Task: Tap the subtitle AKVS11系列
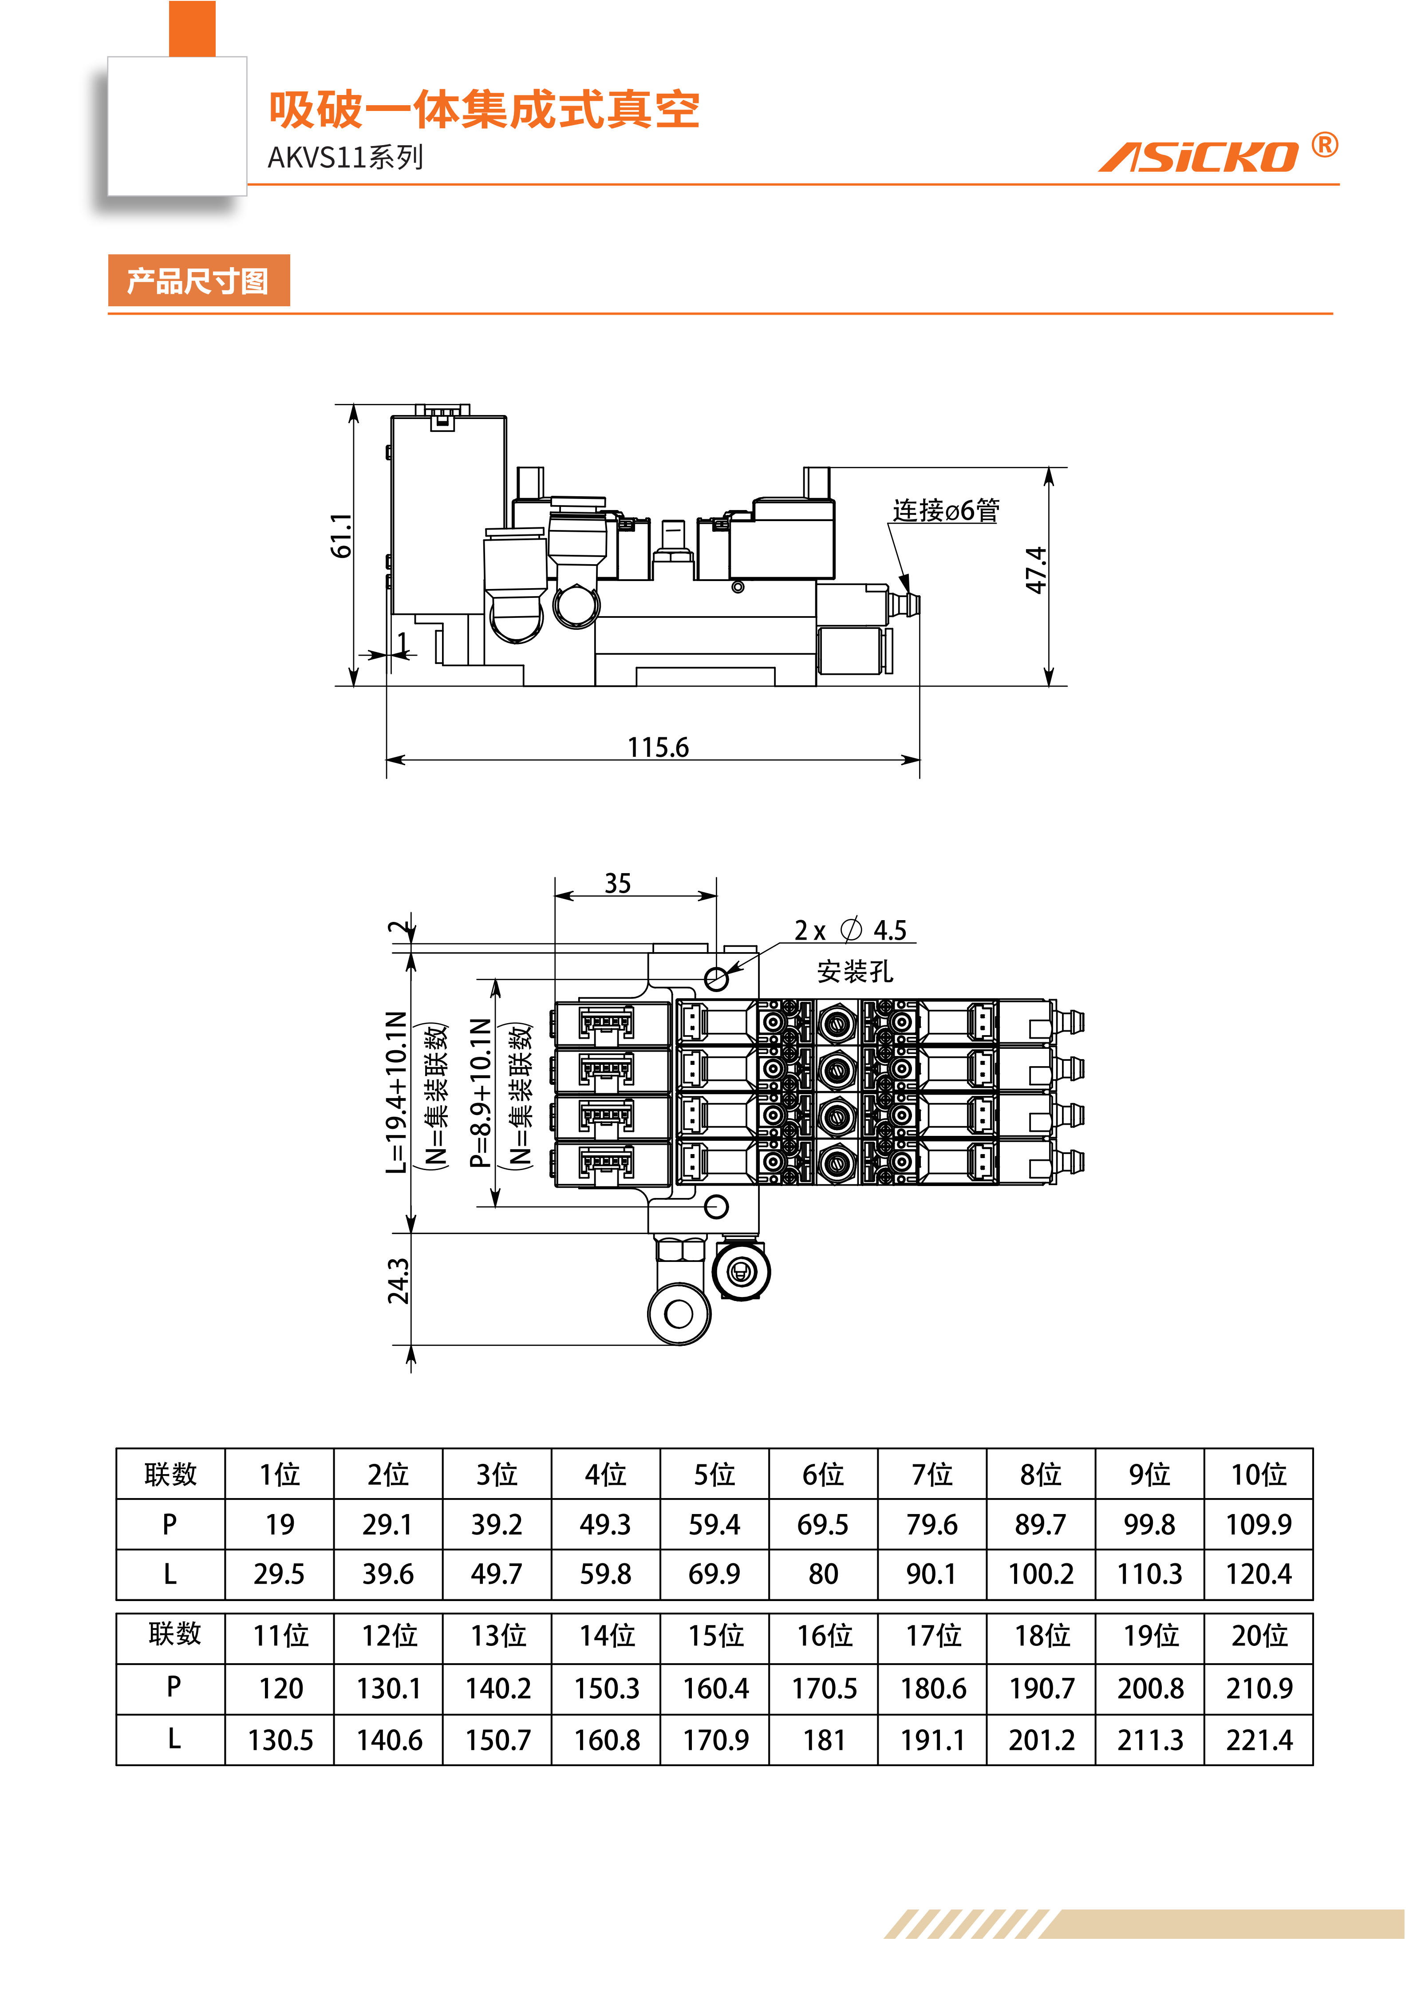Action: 345,157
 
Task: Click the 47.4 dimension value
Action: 1036,570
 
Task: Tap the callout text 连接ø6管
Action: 946,510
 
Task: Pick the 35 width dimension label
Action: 618,884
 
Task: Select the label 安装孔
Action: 855,971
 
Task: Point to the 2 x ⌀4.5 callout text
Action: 850,930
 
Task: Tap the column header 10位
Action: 1259,1474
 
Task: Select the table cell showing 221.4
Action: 1259,1740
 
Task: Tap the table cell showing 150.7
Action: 498,1740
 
